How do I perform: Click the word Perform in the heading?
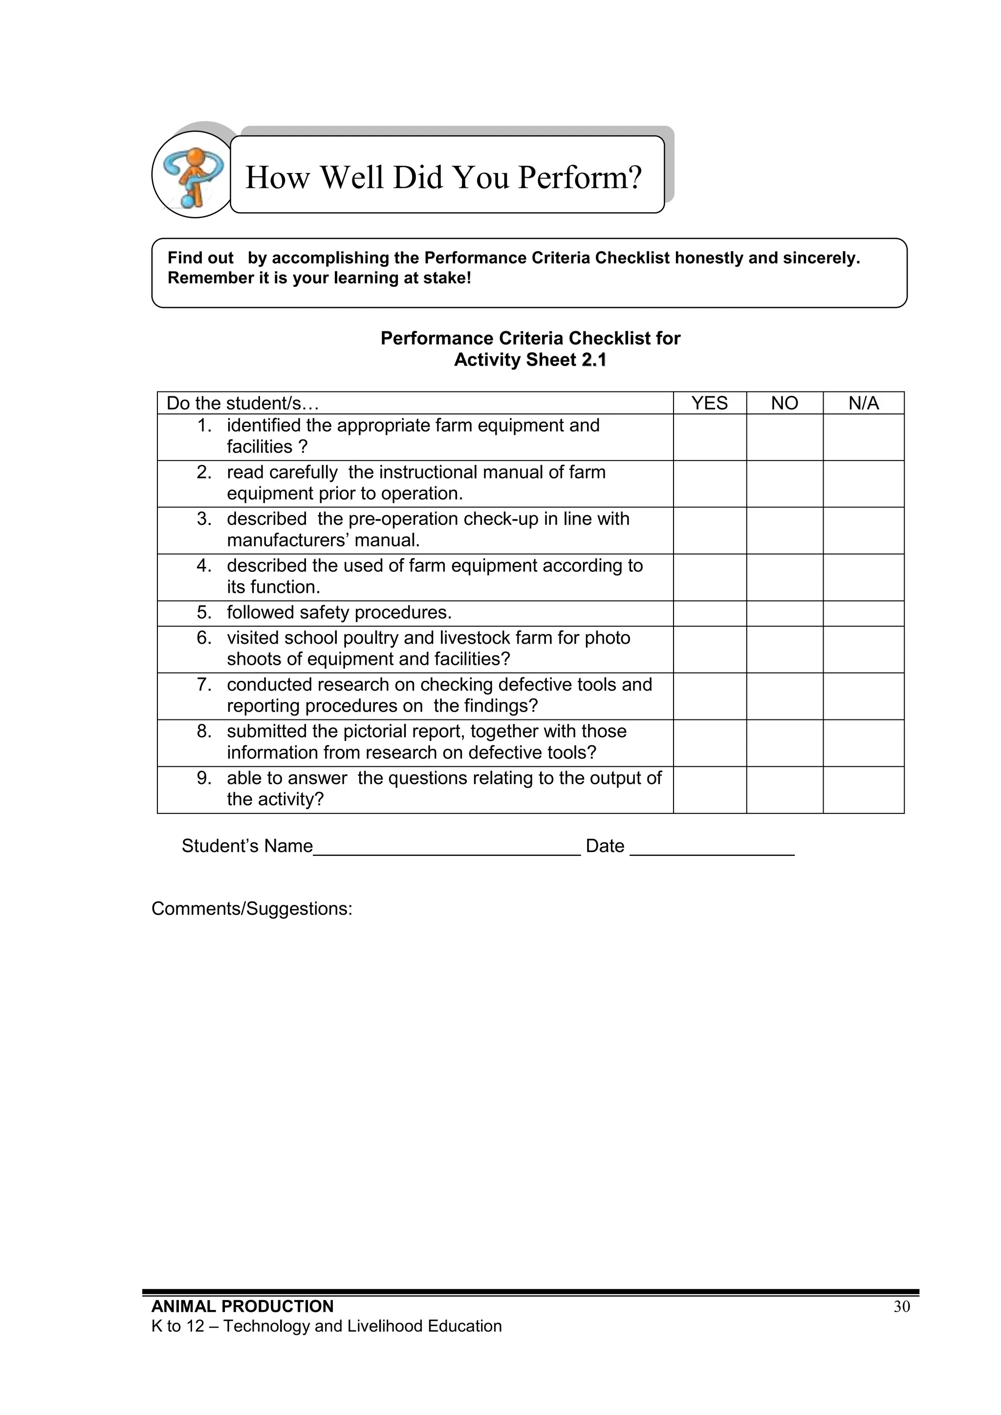point(579,177)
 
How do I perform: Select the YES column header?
point(710,403)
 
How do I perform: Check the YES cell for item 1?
point(710,437)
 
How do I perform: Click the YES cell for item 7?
point(710,696)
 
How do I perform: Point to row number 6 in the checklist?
point(204,638)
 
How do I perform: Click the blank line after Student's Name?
point(446,847)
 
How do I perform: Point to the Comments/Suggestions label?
point(252,909)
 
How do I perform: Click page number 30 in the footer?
point(901,1307)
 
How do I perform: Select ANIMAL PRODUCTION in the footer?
point(242,1306)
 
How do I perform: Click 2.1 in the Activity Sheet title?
point(593,360)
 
